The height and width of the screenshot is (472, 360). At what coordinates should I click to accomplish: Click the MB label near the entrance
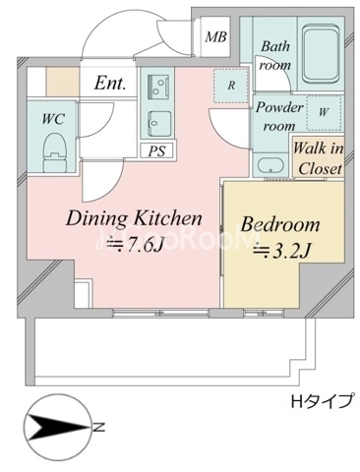pyautogui.click(x=215, y=36)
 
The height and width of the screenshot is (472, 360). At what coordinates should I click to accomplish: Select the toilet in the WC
pyautogui.click(x=55, y=152)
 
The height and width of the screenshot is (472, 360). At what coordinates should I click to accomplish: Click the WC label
pyautogui.click(x=53, y=118)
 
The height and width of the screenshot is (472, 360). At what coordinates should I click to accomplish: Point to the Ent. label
pyautogui.click(x=110, y=84)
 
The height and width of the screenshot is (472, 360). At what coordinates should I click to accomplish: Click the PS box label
pyautogui.click(x=157, y=151)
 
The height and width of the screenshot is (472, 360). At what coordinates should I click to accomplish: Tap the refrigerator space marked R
pyautogui.click(x=232, y=86)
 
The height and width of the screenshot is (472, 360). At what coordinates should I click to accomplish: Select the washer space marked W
pyautogui.click(x=324, y=112)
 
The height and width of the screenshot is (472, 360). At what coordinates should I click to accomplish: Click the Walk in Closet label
pyautogui.click(x=319, y=159)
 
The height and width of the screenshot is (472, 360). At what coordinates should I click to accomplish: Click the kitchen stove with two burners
pyautogui.click(x=158, y=87)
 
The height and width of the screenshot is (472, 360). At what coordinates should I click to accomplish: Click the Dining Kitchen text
pyautogui.click(x=134, y=218)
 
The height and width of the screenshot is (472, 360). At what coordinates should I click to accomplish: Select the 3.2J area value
pyautogui.click(x=281, y=251)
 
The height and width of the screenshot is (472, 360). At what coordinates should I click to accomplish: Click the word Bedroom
pyautogui.click(x=280, y=224)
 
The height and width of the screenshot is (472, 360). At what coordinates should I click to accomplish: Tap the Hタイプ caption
pyautogui.click(x=323, y=400)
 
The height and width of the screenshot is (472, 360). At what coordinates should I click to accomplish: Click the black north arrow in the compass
pyautogui.click(x=58, y=427)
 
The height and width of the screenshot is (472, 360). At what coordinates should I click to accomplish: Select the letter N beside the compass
pyautogui.click(x=98, y=428)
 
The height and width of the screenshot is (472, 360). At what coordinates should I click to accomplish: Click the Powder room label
pyautogui.click(x=278, y=116)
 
